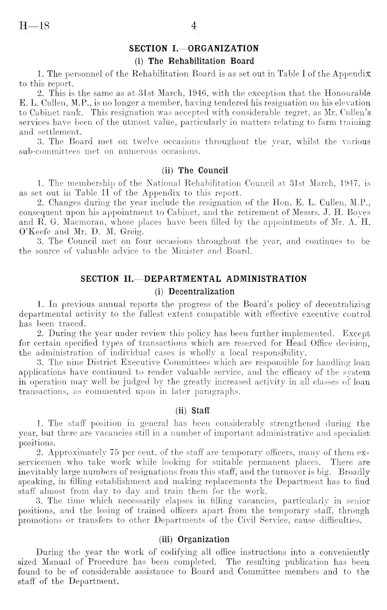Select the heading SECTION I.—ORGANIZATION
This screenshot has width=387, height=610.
[x=193, y=48]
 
